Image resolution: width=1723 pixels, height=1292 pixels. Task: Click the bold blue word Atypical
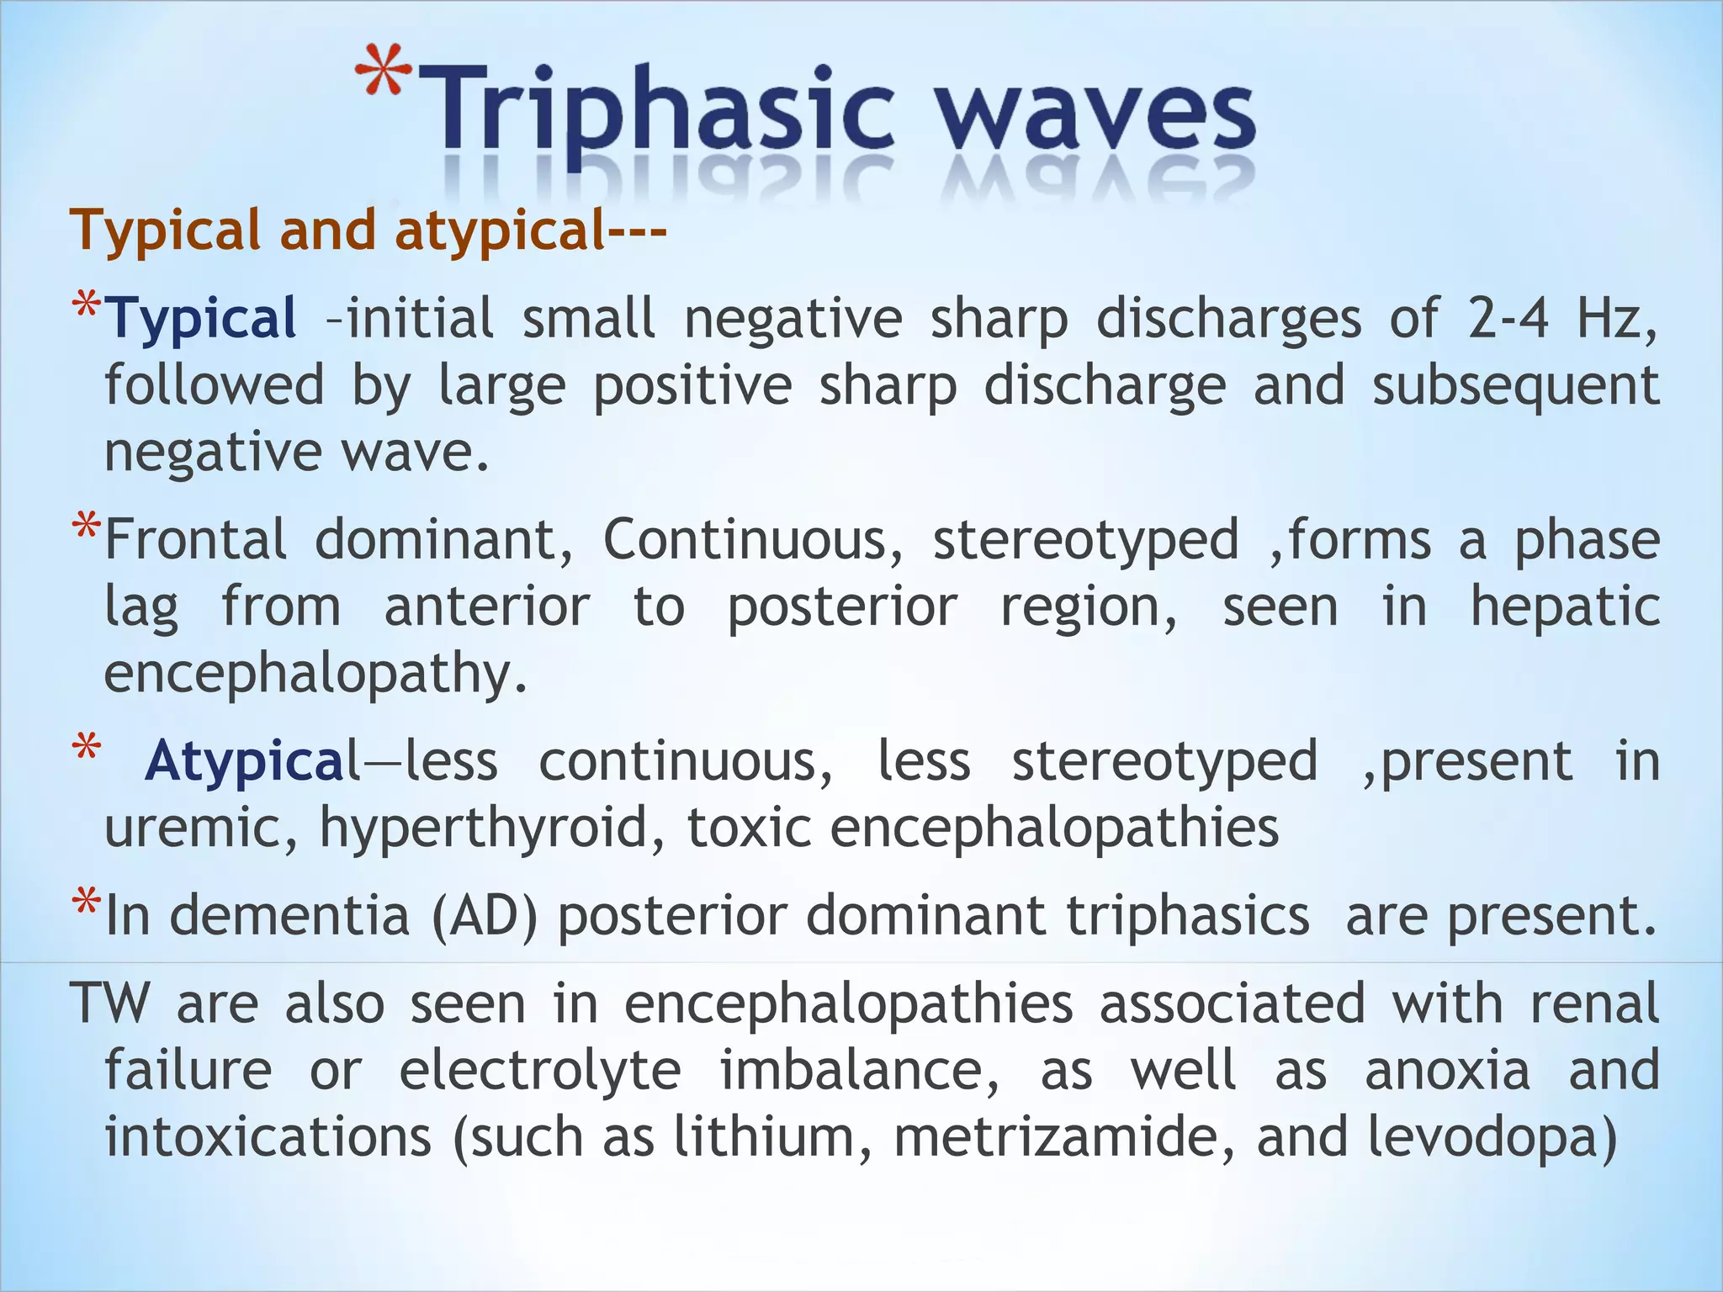(x=252, y=762)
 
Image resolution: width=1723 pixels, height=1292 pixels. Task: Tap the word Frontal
(x=195, y=540)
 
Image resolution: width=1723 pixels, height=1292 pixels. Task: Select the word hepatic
(x=1565, y=606)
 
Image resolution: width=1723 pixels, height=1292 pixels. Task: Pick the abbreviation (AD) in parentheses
(x=485, y=915)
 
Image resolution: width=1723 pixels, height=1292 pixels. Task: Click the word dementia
(x=289, y=915)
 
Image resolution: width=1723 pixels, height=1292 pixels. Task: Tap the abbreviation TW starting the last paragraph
(x=110, y=1003)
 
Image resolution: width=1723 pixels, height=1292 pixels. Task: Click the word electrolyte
(x=539, y=1071)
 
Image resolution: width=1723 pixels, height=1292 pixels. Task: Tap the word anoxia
(x=1447, y=1071)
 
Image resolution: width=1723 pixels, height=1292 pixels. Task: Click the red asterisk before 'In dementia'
(x=85, y=904)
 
